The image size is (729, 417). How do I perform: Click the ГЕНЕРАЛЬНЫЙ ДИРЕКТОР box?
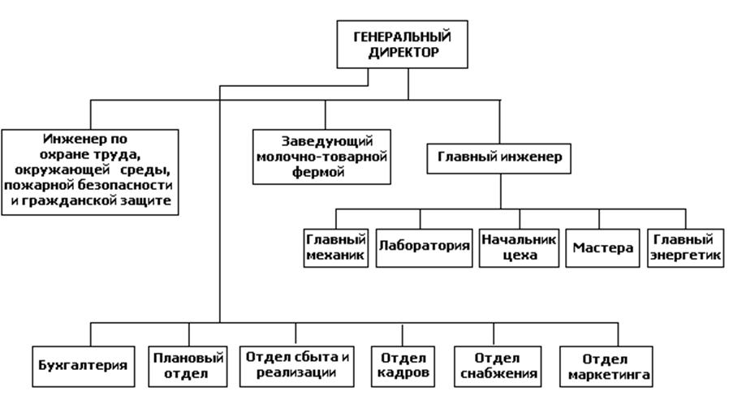[x=402, y=44]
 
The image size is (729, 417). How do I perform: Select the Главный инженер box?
[x=499, y=157]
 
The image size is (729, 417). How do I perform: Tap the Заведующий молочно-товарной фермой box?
[x=322, y=157]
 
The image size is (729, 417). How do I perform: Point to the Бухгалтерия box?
[x=83, y=365]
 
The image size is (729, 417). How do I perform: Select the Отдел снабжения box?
[x=498, y=366]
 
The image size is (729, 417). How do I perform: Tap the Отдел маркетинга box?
[x=606, y=367]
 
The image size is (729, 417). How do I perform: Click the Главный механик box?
[x=335, y=247]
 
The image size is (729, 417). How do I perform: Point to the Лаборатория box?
[x=424, y=247]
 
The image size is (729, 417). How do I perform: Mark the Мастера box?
[x=602, y=248]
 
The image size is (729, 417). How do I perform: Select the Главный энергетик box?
[x=686, y=247]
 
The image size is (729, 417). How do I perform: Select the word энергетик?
[x=686, y=255]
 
